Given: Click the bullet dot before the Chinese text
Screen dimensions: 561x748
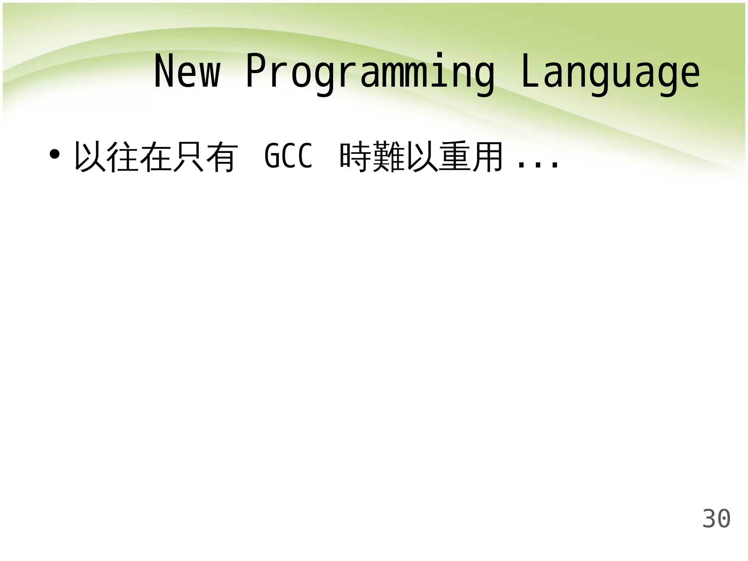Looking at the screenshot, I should click(54, 155).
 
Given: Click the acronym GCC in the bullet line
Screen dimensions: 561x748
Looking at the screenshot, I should click(289, 156).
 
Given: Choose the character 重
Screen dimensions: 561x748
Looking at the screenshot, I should click(455, 157).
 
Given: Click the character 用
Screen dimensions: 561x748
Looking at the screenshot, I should click(488, 157).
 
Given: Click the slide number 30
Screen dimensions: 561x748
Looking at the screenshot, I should click(716, 519).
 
